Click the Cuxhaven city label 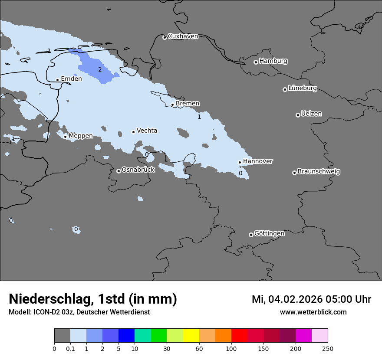[183, 36]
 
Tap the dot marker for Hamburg [256, 62]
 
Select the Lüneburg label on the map [302, 88]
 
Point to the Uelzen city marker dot [298, 115]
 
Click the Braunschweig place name [319, 172]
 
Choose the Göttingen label [269, 234]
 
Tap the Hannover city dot [240, 163]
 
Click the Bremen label [188, 104]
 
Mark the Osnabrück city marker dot [119, 171]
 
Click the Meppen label [81, 136]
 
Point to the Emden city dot [57, 80]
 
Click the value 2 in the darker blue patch [100, 70]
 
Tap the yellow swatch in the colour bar [191, 336]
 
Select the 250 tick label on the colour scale [328, 348]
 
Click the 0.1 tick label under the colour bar [70, 348]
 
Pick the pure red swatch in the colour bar [239, 336]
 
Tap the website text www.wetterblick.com [313, 312]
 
